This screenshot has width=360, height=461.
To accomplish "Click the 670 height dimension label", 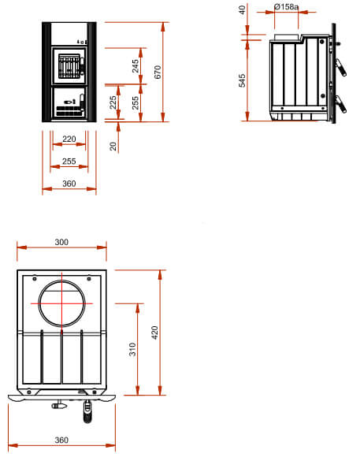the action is [x=158, y=72].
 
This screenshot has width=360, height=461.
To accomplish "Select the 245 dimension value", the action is [x=135, y=66].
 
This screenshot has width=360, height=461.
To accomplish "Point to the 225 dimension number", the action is [x=113, y=102].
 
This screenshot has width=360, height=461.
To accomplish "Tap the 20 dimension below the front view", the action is [x=113, y=146].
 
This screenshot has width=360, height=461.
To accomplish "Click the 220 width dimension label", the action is [x=69, y=139].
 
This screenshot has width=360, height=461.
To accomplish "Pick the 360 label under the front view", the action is [x=69, y=184].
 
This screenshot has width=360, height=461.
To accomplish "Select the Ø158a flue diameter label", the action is [x=286, y=6].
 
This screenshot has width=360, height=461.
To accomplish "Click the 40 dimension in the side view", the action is [x=242, y=10].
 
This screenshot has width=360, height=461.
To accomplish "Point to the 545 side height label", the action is [x=242, y=80].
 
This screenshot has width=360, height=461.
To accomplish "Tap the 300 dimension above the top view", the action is [x=61, y=242].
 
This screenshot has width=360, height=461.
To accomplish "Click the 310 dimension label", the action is [x=132, y=349].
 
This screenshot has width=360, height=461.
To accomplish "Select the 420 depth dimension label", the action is [x=154, y=333].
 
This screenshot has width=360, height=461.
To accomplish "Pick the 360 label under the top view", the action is [x=61, y=441].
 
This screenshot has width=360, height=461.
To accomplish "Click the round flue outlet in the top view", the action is [x=61, y=281].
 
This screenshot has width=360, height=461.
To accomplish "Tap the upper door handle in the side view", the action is [x=341, y=68].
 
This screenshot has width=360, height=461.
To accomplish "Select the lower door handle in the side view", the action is [x=341, y=104].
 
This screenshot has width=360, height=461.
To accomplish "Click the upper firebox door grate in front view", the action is [x=69, y=66].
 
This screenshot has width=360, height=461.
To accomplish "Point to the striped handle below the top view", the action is [x=87, y=411].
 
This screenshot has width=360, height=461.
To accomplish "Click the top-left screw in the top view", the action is [x=35, y=278].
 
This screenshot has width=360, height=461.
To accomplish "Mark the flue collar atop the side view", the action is [x=287, y=37].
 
